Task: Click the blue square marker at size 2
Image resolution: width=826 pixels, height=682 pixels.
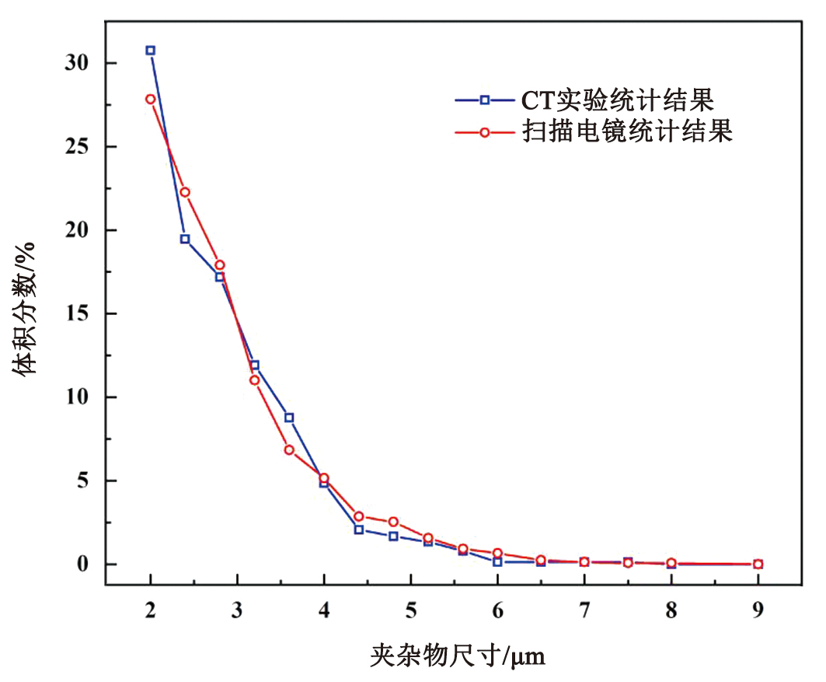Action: click(x=150, y=51)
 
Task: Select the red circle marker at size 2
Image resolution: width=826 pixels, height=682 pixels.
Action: click(x=150, y=100)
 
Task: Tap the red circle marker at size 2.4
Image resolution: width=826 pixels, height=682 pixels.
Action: click(x=185, y=192)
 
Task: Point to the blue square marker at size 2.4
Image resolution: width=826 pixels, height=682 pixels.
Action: click(x=185, y=239)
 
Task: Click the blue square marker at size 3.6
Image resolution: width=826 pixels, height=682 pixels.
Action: click(x=289, y=418)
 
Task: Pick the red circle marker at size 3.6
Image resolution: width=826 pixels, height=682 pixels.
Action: click(x=289, y=450)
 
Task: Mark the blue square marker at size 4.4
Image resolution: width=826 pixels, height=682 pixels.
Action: click(x=359, y=530)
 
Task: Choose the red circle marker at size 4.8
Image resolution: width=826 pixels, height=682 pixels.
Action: click(x=393, y=522)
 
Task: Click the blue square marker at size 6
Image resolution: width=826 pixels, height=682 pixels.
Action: click(x=497, y=561)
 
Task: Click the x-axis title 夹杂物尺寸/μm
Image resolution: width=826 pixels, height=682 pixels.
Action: click(x=457, y=657)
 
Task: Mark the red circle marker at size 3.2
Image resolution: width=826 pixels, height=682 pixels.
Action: click(x=254, y=380)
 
